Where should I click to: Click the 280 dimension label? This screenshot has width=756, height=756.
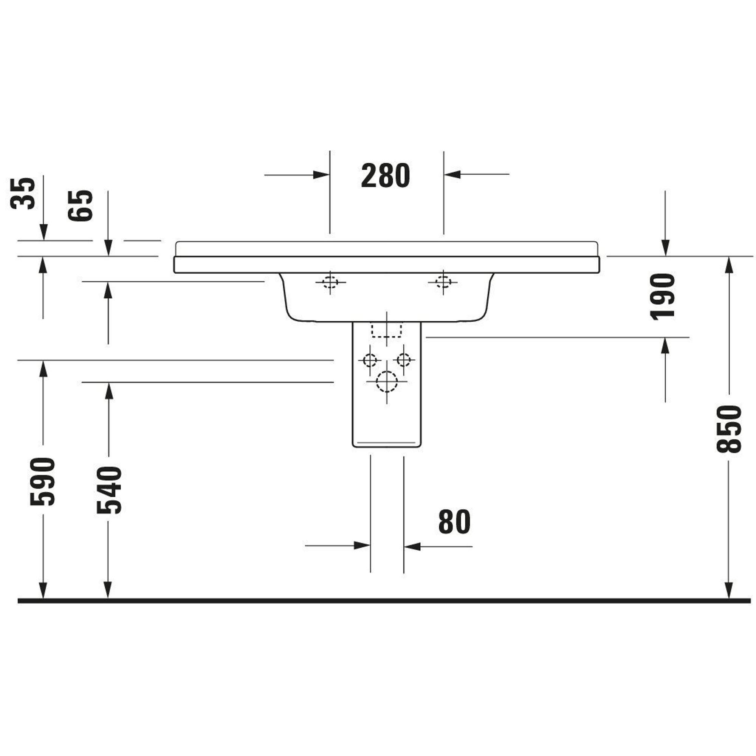(386, 176)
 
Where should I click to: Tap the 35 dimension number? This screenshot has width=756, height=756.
(23, 194)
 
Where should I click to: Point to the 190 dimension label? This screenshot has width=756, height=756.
(663, 296)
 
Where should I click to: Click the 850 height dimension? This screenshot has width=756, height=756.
(729, 429)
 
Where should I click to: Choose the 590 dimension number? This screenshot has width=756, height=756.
(43, 482)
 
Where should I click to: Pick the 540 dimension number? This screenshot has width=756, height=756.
(109, 490)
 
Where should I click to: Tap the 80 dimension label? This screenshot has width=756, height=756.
(454, 522)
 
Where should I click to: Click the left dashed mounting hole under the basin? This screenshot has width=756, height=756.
(330, 282)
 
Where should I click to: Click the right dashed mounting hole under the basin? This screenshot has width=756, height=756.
(443, 281)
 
